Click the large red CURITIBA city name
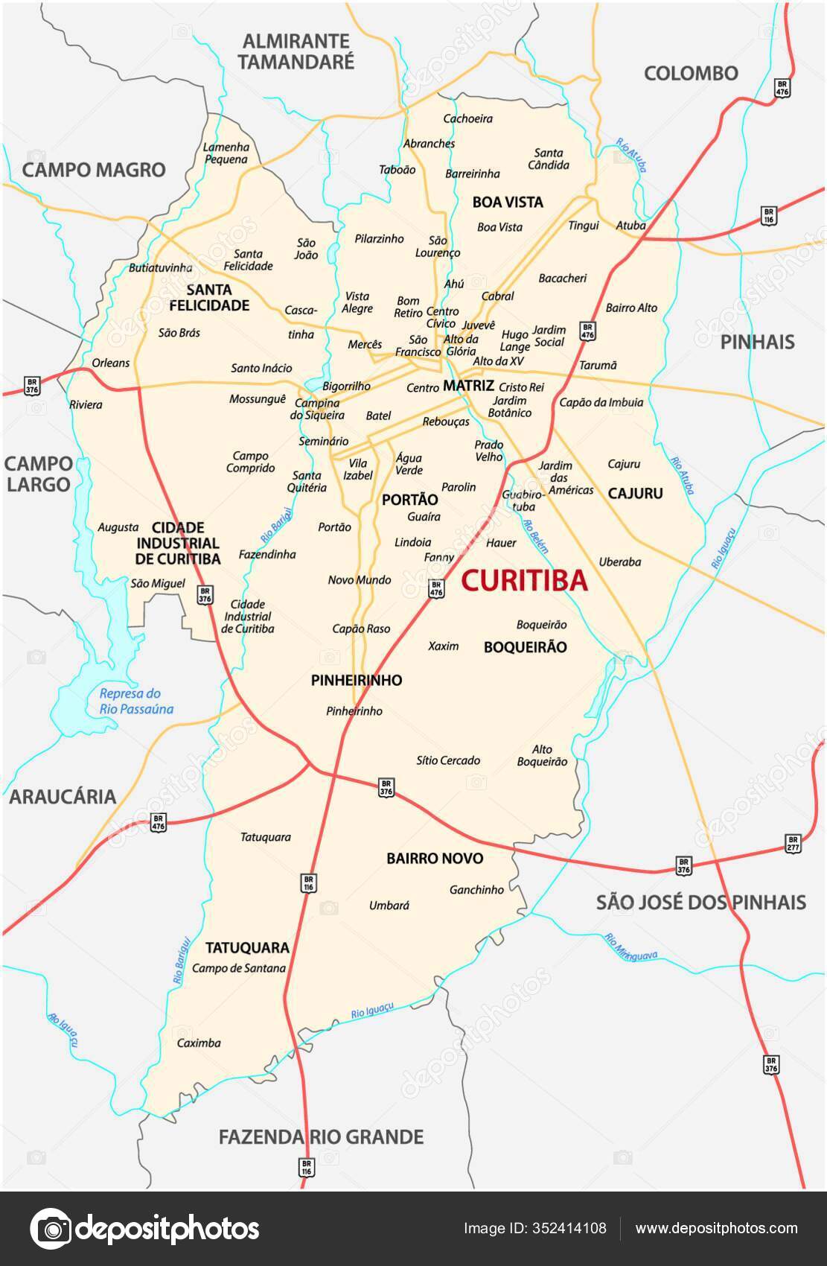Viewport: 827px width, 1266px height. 524,580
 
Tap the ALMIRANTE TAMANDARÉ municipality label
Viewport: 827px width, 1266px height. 296,51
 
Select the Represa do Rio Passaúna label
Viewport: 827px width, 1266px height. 136,702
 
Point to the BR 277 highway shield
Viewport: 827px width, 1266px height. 793,844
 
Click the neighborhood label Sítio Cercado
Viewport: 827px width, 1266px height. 448,760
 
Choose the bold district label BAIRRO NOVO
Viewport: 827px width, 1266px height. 435,858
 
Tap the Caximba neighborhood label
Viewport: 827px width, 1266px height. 199,1043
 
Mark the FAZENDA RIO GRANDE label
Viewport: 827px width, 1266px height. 321,1137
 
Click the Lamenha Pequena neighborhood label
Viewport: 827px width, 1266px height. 226,153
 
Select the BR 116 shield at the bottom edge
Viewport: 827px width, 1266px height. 306,1167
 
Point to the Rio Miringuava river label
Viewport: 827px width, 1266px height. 630,947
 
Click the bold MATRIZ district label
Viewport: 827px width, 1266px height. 468,386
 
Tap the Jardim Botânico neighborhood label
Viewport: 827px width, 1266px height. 510,407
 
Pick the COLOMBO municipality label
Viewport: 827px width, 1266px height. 691,73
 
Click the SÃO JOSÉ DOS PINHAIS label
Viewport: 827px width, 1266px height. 700,902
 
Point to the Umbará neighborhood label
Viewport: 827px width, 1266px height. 389,906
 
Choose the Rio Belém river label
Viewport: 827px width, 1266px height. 536,537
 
